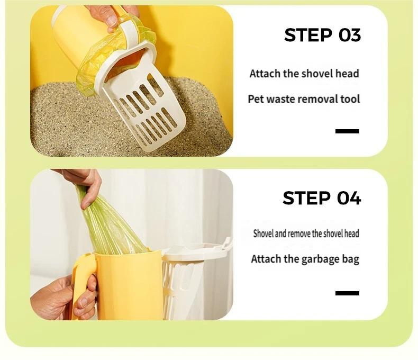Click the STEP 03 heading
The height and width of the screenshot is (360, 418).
click(322, 35)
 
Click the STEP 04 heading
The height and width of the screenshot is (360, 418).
click(322, 198)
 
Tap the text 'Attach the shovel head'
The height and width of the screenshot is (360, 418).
click(304, 74)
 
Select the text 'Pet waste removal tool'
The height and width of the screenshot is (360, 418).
click(304, 99)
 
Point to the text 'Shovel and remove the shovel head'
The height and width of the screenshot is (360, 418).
click(306, 233)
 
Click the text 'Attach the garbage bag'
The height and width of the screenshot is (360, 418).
click(305, 259)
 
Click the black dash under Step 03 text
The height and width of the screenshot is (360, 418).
click(347, 131)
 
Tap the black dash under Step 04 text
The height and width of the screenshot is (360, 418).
click(347, 293)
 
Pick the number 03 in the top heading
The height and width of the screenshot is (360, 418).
click(350, 35)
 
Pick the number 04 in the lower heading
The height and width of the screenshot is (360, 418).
click(349, 198)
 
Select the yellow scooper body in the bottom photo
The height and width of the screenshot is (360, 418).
click(130, 286)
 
